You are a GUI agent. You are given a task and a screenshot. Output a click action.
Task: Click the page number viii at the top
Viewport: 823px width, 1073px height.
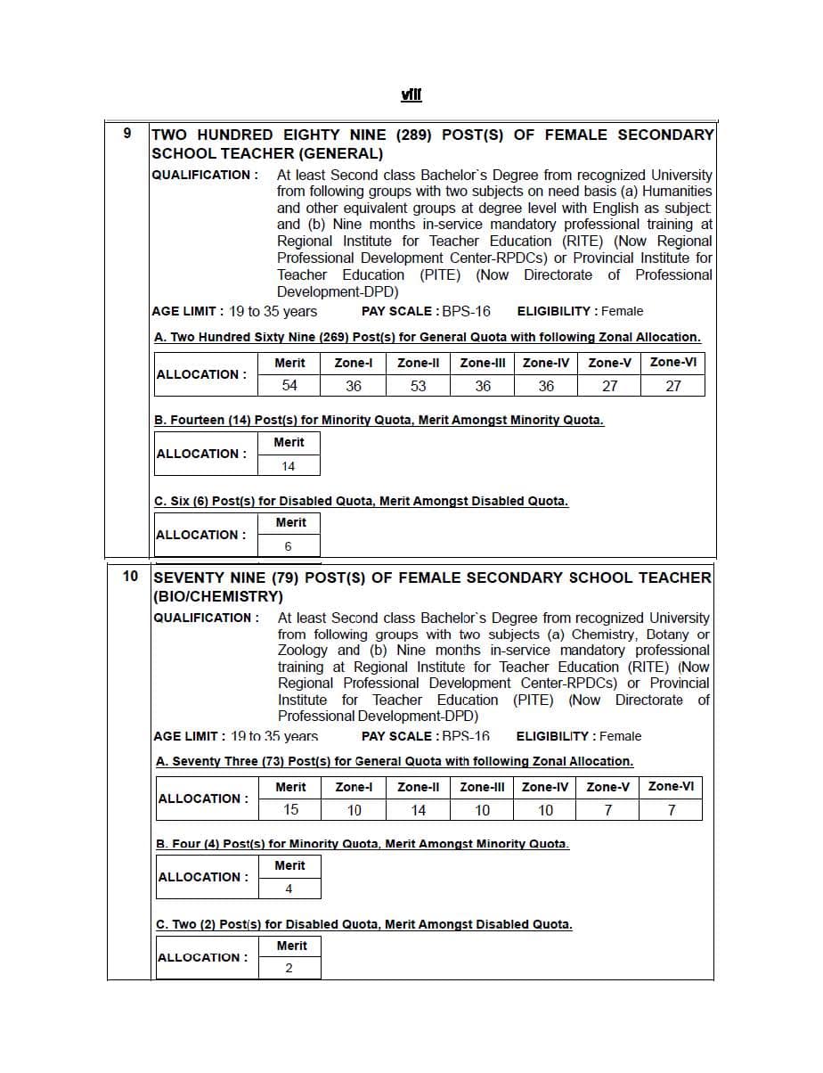click(x=411, y=94)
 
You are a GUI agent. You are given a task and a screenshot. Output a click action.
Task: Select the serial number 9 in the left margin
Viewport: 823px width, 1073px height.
click(x=127, y=134)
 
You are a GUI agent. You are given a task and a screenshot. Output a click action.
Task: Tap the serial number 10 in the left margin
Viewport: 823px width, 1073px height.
click(x=130, y=576)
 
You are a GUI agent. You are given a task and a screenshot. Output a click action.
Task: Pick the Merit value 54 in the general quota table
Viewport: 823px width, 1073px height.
click(x=289, y=385)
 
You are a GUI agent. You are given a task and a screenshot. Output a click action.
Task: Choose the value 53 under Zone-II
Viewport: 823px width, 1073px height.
click(x=418, y=385)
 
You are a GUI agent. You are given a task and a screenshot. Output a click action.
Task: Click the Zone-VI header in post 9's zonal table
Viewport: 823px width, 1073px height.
click(x=673, y=362)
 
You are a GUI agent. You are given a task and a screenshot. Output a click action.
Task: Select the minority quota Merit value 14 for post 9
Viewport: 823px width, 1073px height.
click(x=289, y=465)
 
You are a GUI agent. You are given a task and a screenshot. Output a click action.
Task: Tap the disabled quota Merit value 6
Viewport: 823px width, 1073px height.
click(x=288, y=546)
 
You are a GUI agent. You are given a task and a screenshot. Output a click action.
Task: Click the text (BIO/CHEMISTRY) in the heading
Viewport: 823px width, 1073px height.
click(x=218, y=595)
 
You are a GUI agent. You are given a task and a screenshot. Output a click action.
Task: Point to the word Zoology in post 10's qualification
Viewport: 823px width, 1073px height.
click(x=303, y=651)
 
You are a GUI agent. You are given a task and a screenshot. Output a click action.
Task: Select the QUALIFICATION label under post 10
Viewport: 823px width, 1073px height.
click(x=206, y=618)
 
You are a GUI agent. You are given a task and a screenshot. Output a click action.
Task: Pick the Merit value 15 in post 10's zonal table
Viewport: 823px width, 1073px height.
click(x=290, y=809)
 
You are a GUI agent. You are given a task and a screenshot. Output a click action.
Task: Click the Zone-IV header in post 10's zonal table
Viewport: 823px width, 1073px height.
click(x=545, y=787)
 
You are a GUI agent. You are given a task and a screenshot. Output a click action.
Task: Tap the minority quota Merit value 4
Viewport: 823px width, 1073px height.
click(x=289, y=889)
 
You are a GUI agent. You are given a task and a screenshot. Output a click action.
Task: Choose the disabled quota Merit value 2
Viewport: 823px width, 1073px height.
click(x=289, y=969)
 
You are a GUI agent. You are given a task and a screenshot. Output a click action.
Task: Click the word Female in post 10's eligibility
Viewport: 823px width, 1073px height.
click(x=621, y=736)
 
